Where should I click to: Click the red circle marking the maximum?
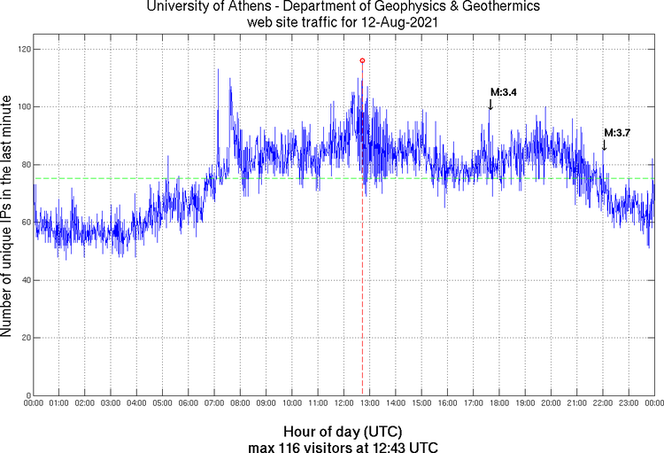pyautogui.click(x=362, y=60)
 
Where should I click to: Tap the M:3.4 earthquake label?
pyautogui.click(x=503, y=91)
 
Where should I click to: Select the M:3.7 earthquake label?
pyautogui.click(x=617, y=132)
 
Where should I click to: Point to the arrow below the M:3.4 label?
pyautogui.click(x=490, y=105)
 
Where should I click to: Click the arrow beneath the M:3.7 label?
pyautogui.click(x=604, y=144)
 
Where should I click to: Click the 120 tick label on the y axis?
pyautogui.click(x=20, y=50)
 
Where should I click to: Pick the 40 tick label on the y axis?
pyautogui.click(x=23, y=280)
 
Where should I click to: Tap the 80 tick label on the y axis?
pyautogui.click(x=23, y=165)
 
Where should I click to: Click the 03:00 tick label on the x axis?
pyautogui.click(x=111, y=404)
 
